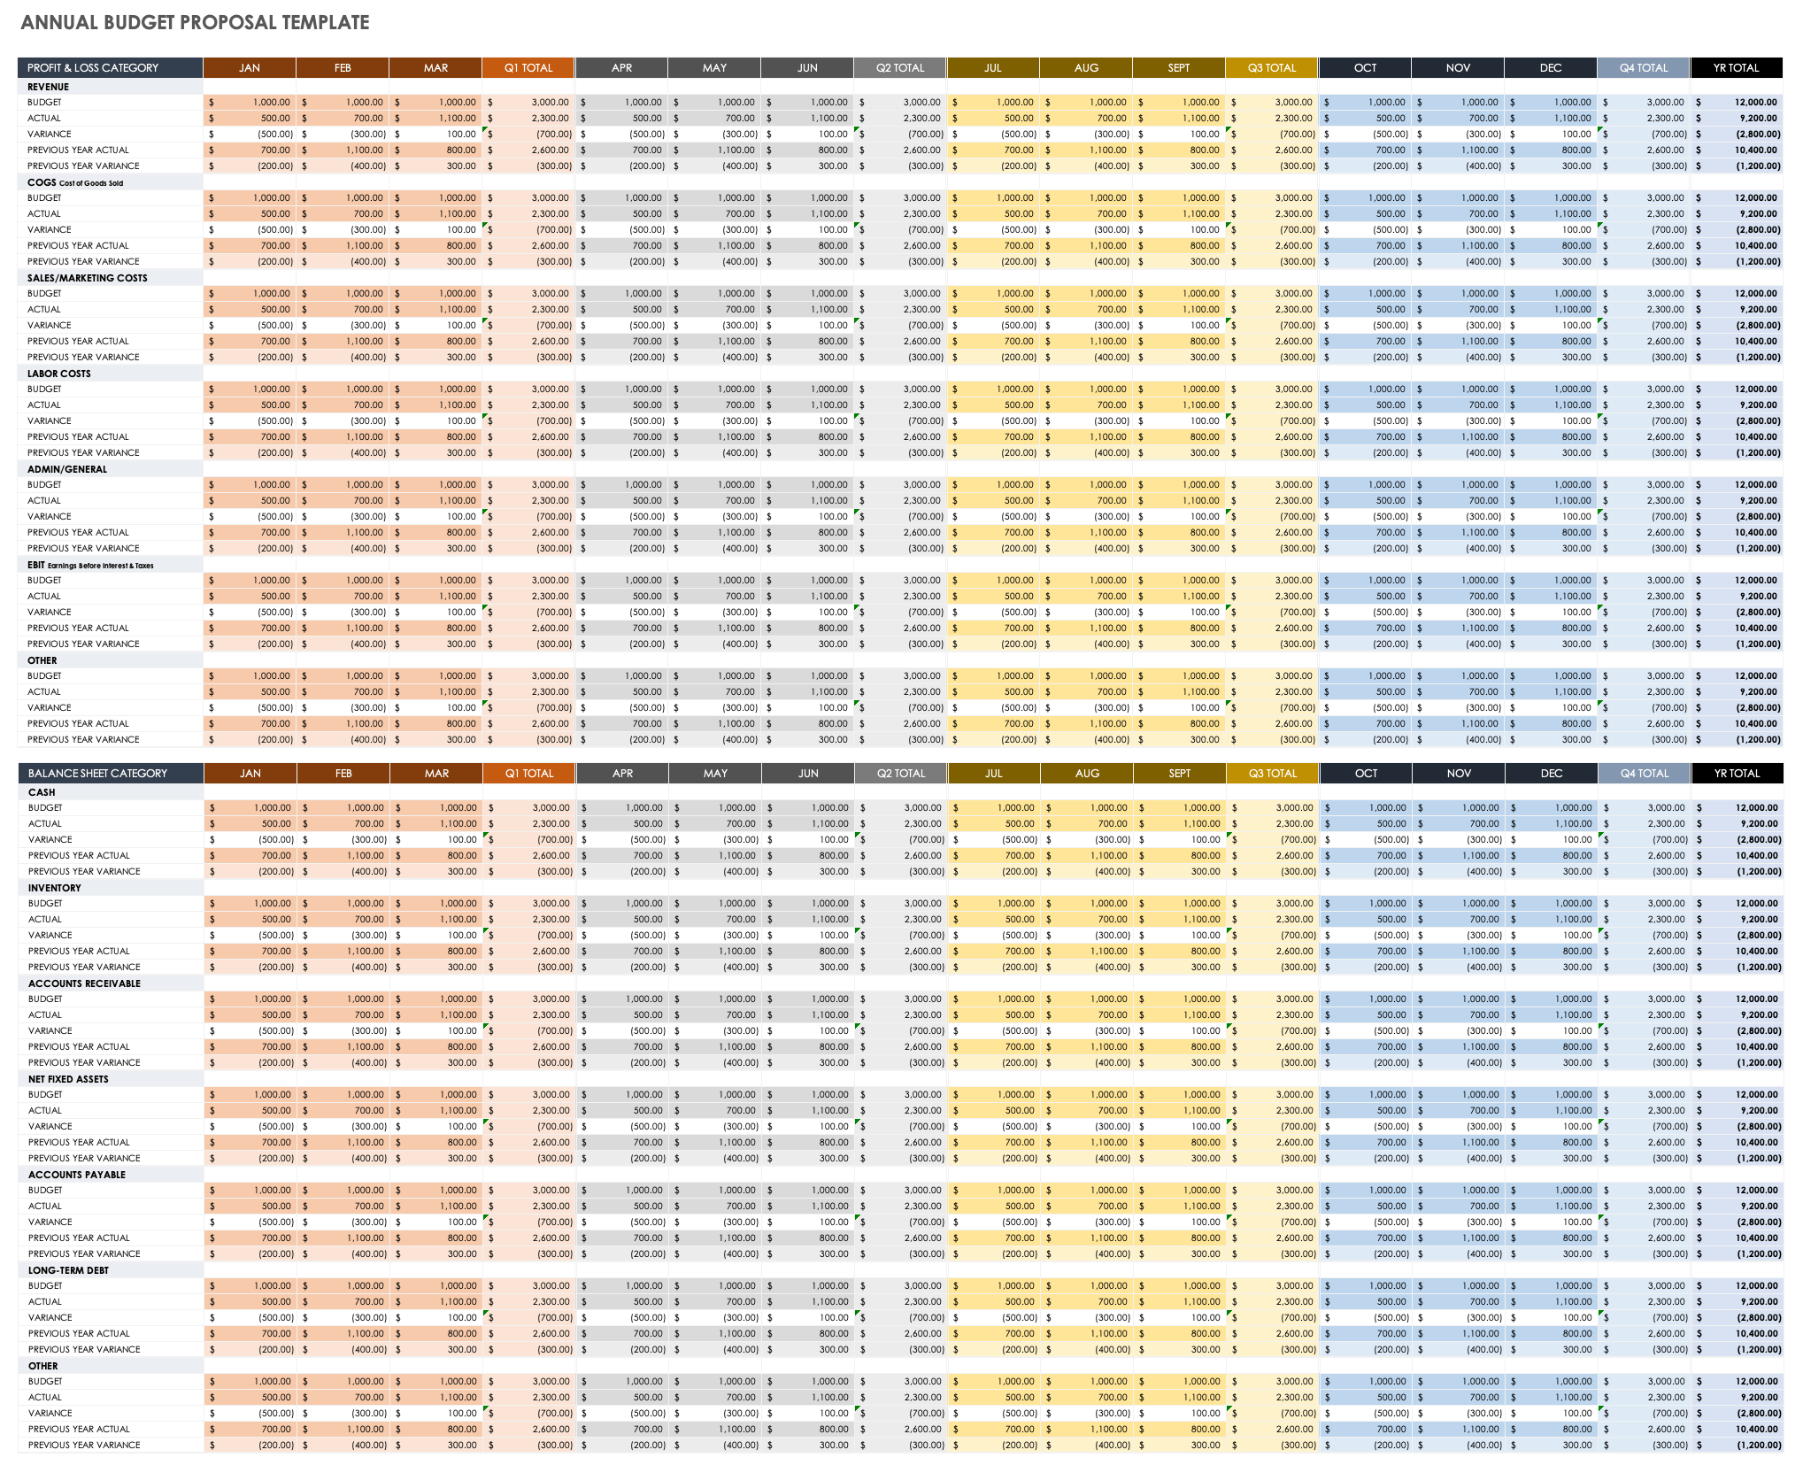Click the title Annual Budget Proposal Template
pos(195,23)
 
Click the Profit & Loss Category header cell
pos(93,68)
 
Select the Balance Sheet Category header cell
pos(97,774)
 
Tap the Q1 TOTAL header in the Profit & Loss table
pos(528,68)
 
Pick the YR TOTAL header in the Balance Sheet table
pos(1737,774)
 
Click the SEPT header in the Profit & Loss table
pos(1179,68)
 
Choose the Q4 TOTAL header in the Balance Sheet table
pos(1645,774)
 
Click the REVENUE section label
pos(48,87)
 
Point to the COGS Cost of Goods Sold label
pos(75,182)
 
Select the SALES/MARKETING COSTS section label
pos(87,278)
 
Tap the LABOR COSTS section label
pos(58,374)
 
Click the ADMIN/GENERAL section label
pos(66,469)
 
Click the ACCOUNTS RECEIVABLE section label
pos(84,983)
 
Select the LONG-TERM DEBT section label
pos(68,1270)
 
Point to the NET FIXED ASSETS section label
pos(68,1079)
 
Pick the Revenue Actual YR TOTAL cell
pos(1737,119)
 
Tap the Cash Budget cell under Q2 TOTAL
pos(901,808)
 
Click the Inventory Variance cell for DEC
pos(1552,936)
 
